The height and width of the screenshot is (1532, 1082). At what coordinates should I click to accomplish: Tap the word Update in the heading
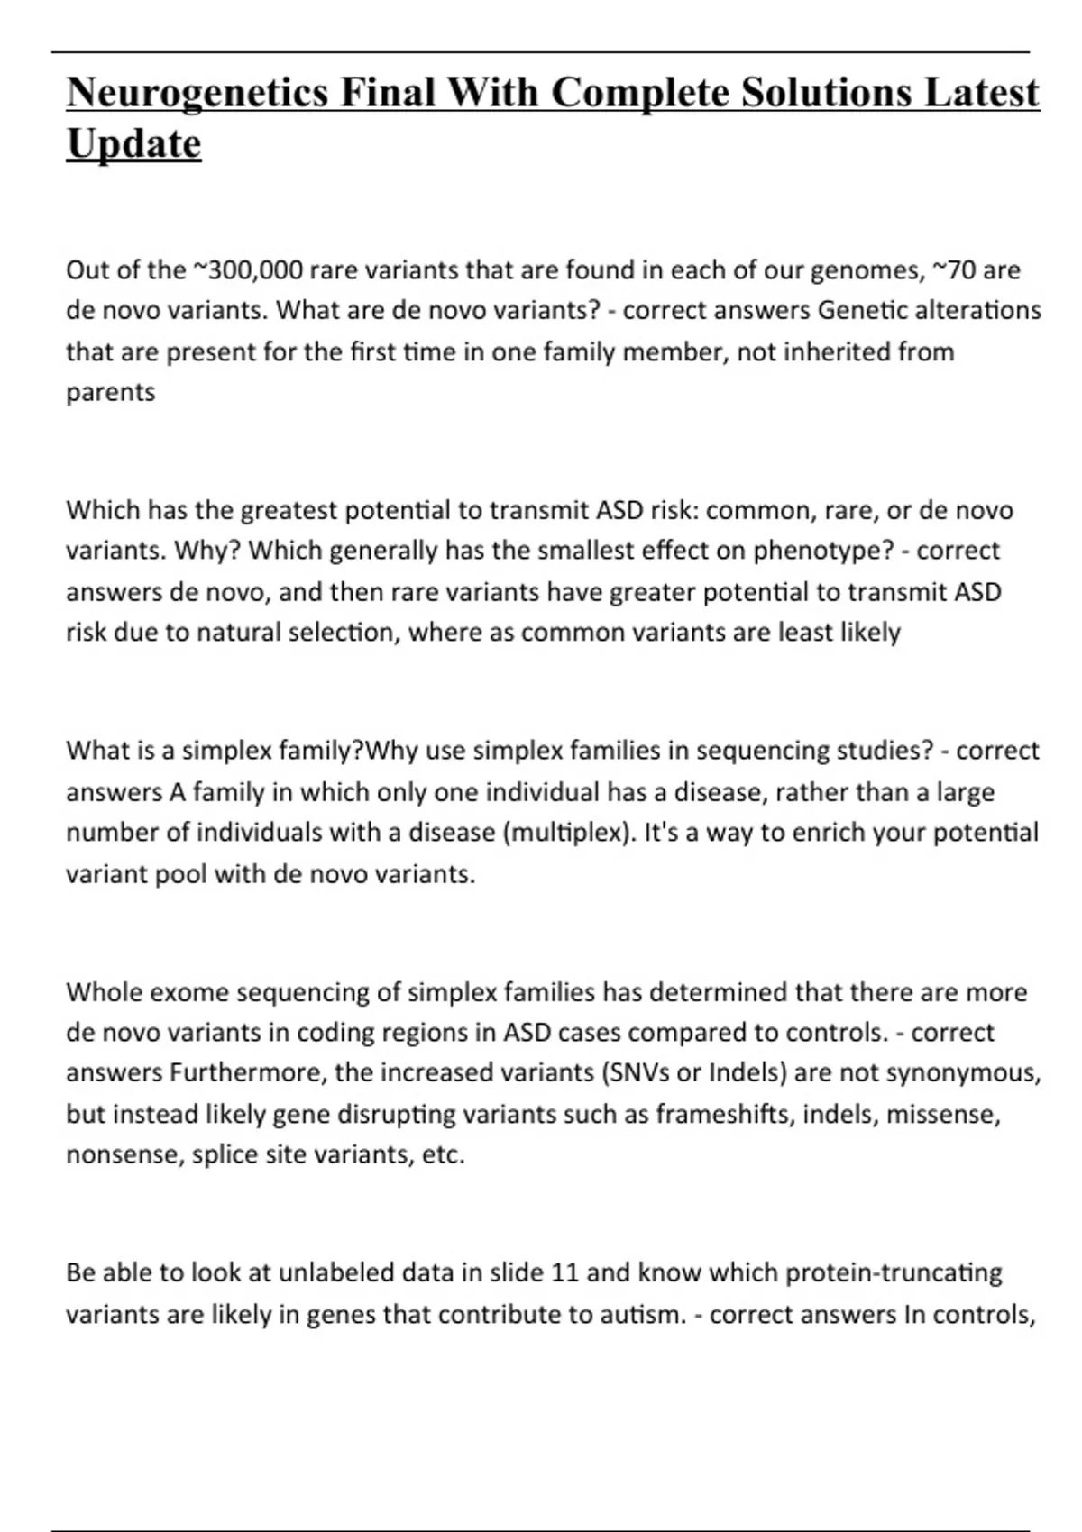point(133,144)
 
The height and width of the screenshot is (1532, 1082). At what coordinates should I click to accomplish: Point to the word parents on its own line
point(110,392)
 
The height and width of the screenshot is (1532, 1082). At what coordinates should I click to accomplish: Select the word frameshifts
point(724,1114)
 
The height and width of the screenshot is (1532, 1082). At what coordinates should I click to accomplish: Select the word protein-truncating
point(894,1272)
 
